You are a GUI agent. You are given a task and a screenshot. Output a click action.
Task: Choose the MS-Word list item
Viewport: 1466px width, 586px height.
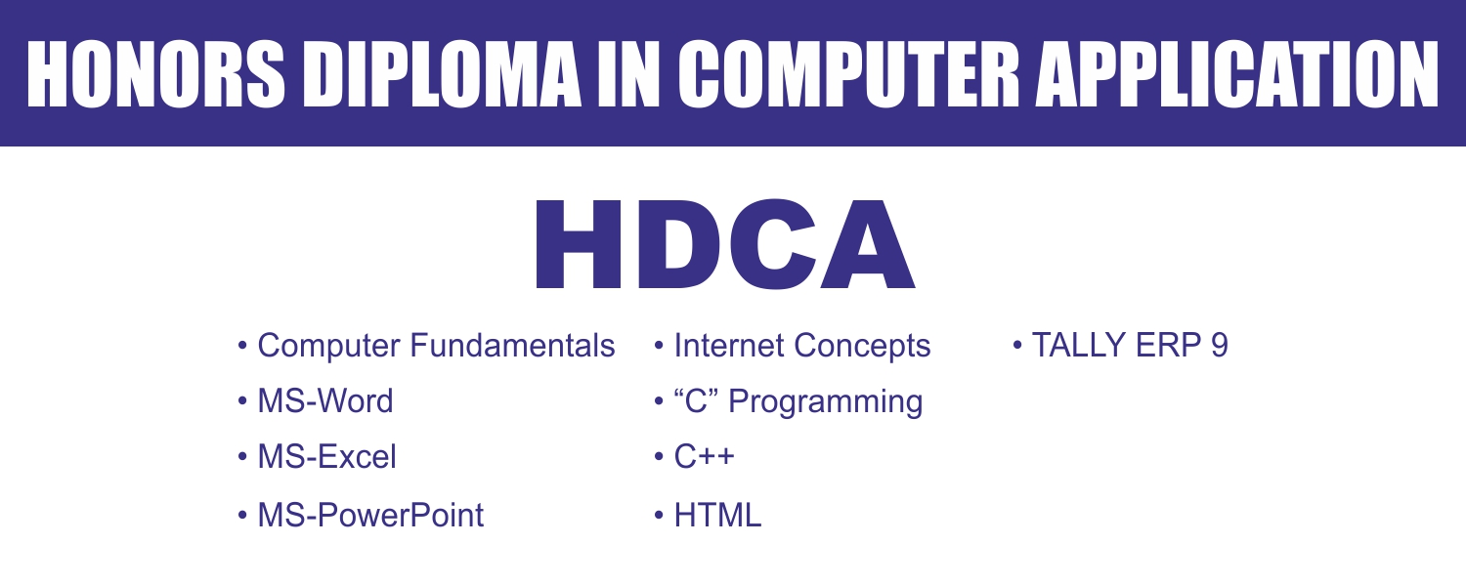[x=325, y=401]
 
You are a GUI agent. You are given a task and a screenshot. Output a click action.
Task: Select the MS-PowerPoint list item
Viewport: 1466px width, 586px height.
[x=370, y=515]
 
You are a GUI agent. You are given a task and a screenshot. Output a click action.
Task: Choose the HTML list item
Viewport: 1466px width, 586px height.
[x=717, y=515]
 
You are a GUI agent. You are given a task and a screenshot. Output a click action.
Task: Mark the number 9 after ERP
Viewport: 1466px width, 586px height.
[x=1218, y=346]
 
